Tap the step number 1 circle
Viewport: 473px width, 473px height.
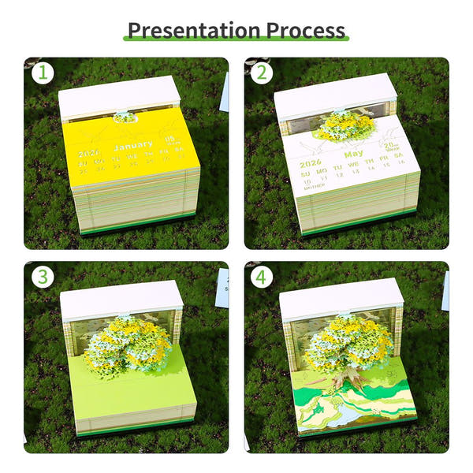point(43,74)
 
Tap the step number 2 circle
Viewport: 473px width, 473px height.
point(263,74)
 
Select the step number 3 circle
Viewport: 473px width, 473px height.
point(43,277)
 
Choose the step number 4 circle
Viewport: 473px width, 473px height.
point(263,277)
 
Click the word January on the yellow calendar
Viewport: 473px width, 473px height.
point(132,146)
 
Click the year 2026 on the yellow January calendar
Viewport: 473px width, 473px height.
point(89,153)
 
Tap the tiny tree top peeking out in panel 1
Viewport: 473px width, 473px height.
point(124,117)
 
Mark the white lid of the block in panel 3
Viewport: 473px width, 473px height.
point(121,296)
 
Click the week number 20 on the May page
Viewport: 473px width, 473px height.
point(389,146)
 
